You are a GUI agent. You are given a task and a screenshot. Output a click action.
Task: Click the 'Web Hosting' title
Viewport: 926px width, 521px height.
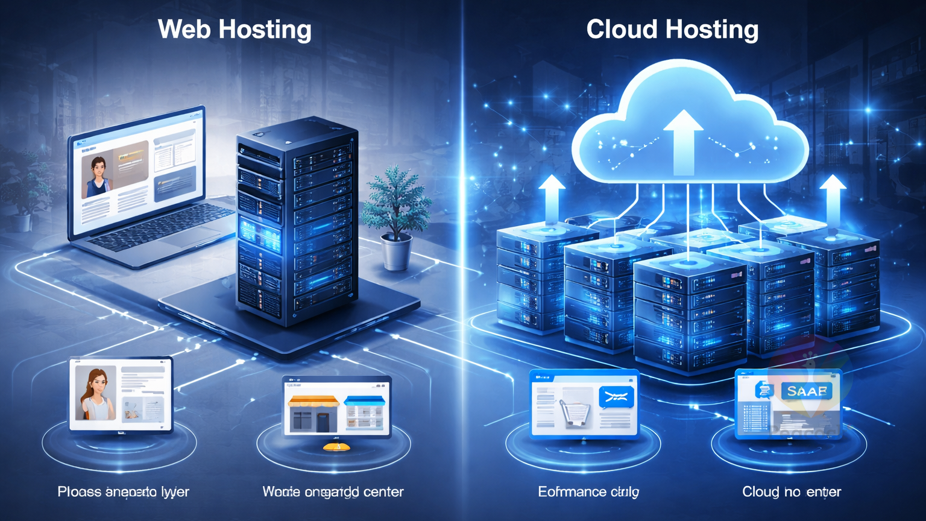click(x=235, y=29)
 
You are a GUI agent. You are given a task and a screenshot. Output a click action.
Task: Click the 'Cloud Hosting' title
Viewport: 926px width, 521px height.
click(x=672, y=29)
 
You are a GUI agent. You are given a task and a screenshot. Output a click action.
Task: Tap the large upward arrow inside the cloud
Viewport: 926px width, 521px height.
click(x=683, y=142)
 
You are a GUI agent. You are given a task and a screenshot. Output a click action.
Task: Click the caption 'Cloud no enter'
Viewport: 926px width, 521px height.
click(x=791, y=491)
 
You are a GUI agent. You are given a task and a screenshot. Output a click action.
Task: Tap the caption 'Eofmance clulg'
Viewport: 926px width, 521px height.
click(x=588, y=491)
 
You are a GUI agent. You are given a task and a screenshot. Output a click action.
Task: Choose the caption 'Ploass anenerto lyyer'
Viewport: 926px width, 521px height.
click(x=123, y=491)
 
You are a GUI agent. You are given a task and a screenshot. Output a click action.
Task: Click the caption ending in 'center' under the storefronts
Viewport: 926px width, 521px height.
click(x=333, y=491)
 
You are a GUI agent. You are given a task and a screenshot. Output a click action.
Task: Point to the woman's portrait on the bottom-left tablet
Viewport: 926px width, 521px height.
click(x=95, y=394)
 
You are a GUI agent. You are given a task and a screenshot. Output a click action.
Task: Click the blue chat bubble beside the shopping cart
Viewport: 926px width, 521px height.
click(x=616, y=397)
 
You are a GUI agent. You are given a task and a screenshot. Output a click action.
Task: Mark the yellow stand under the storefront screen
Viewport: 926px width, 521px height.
click(x=336, y=447)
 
